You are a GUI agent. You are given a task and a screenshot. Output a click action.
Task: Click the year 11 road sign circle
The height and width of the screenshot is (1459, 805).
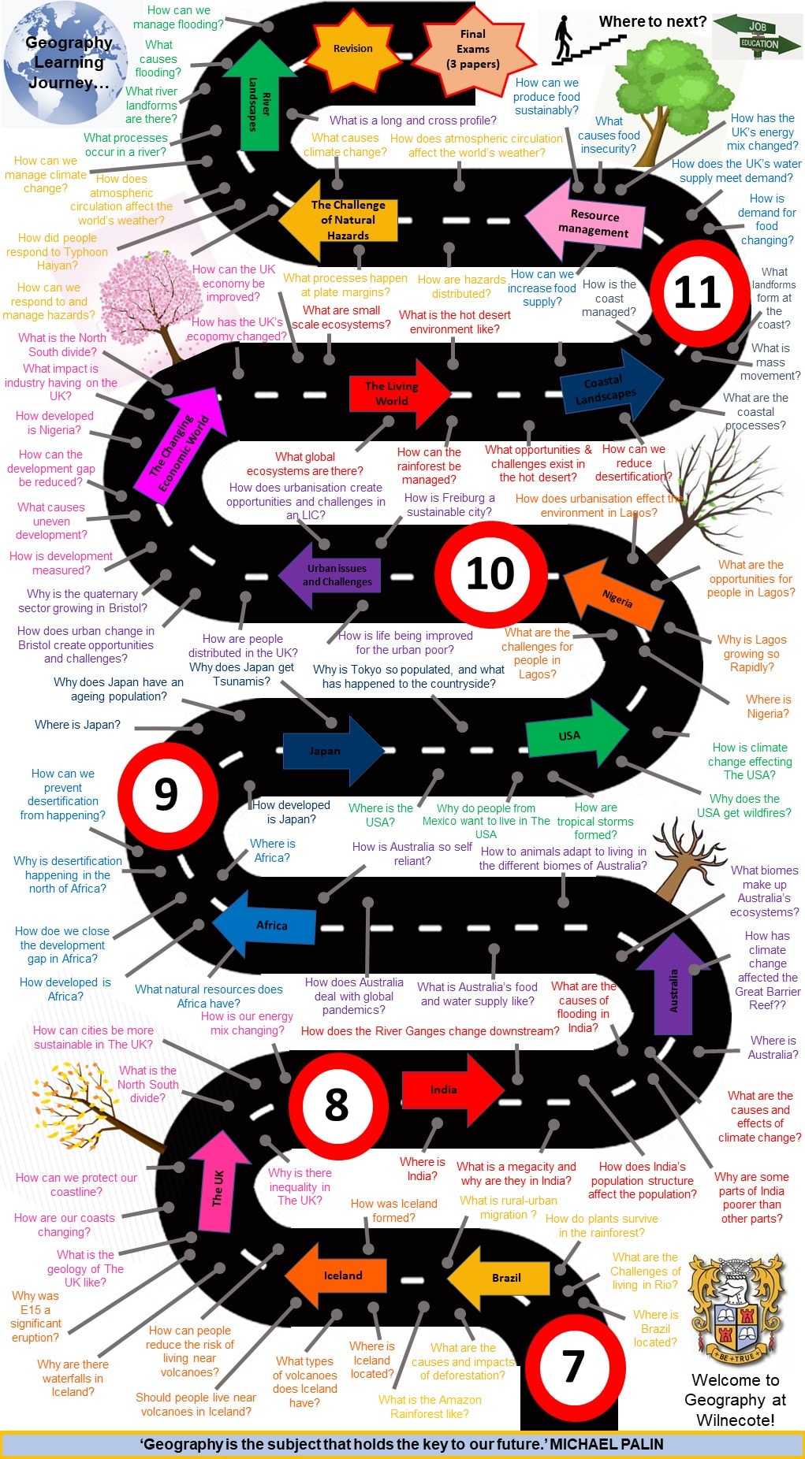tap(697, 292)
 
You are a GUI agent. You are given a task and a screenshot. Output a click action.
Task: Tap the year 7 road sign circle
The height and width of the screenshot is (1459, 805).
tap(573, 1367)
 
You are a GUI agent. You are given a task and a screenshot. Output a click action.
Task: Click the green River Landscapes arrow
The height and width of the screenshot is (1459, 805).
tap(259, 98)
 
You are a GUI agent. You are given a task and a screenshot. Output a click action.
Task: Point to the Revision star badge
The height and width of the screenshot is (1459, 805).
tap(352, 48)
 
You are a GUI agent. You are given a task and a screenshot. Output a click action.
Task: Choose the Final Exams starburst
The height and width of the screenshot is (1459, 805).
tap(473, 49)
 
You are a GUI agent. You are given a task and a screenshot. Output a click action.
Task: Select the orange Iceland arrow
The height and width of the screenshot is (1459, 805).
tap(337, 1275)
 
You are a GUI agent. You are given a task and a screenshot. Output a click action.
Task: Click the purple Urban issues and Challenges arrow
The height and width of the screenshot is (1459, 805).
tap(332, 575)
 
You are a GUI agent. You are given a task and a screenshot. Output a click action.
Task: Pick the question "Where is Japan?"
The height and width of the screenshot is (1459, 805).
tap(77, 725)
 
